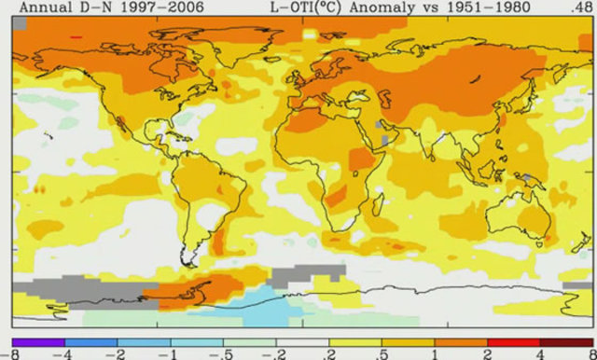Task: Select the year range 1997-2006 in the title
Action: click(x=147, y=7)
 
